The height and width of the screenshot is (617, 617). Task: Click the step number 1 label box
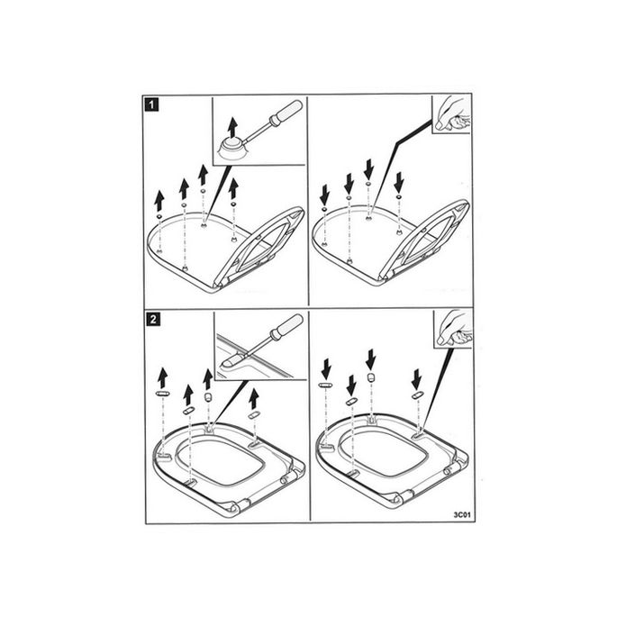click(153, 104)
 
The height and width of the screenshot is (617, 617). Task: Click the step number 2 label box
click(153, 319)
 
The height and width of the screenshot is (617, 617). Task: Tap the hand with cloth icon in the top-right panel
click(451, 114)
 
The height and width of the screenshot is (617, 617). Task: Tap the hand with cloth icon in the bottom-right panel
click(452, 329)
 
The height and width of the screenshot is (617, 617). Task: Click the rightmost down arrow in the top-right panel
click(398, 182)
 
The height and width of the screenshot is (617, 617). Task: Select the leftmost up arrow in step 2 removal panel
click(163, 377)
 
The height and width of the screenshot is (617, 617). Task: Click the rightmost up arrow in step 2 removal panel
click(254, 398)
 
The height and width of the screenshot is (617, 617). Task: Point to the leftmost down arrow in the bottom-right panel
click(327, 369)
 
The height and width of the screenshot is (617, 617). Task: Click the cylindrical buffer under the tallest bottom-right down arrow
click(370, 377)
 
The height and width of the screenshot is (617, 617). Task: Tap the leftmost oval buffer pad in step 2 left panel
click(163, 395)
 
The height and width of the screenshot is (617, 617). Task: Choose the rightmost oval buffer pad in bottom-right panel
click(418, 395)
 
